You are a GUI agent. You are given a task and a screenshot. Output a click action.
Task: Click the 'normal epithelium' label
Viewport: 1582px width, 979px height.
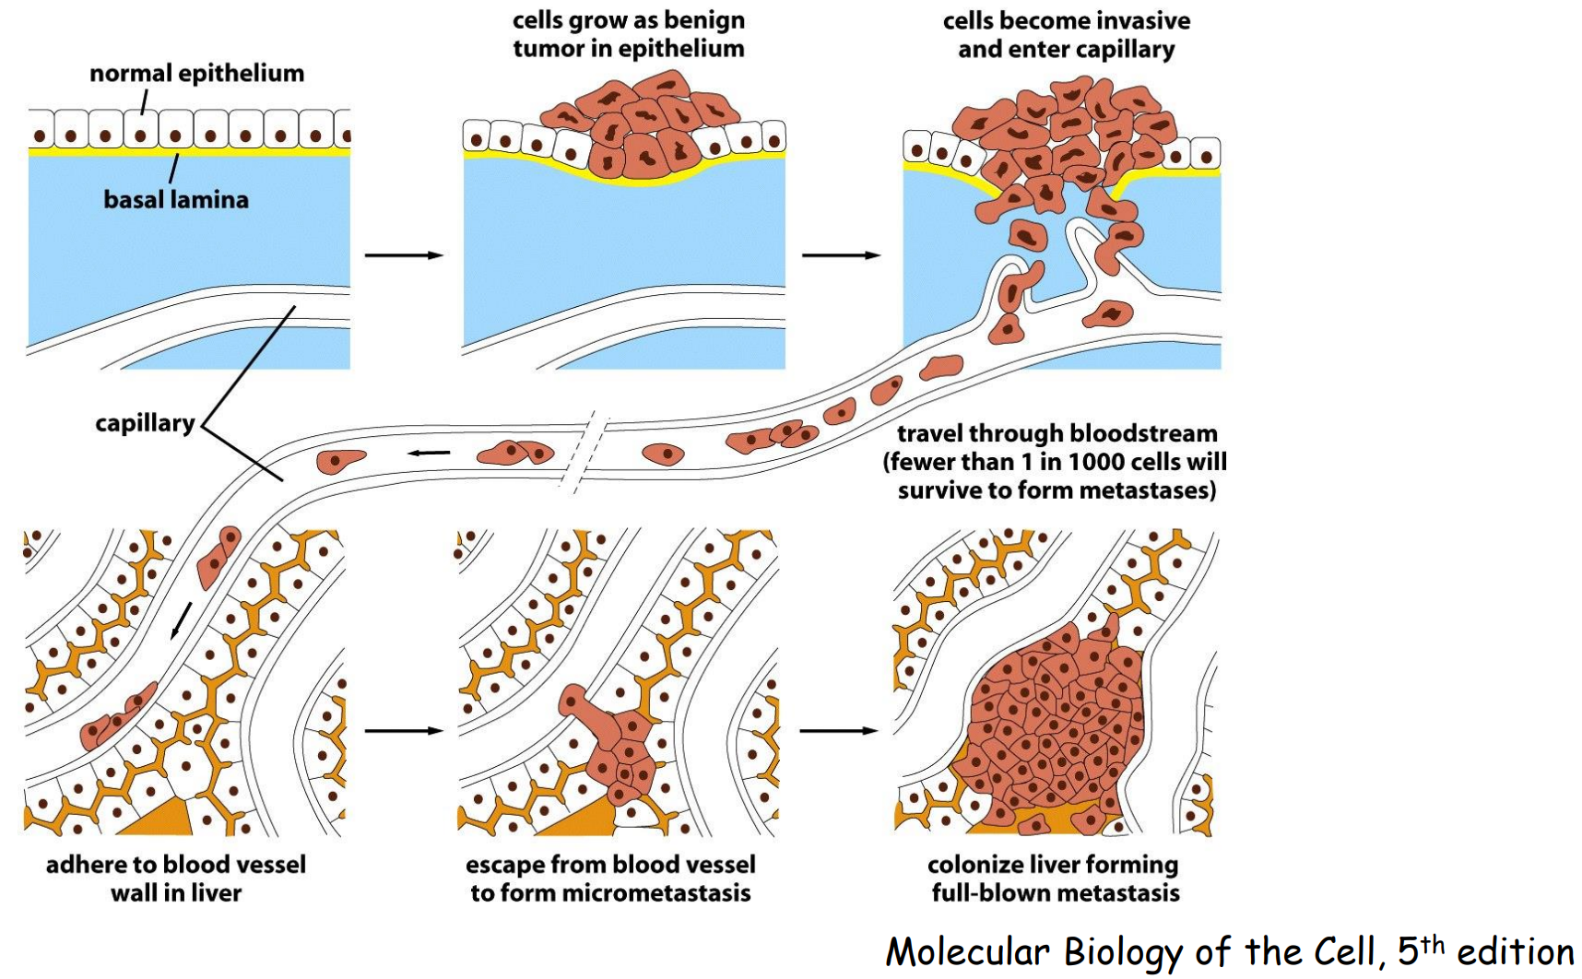pos(196,74)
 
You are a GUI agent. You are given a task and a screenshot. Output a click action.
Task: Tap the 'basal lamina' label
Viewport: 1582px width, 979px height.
pos(175,200)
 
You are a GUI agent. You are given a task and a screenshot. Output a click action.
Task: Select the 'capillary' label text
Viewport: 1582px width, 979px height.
pos(145,423)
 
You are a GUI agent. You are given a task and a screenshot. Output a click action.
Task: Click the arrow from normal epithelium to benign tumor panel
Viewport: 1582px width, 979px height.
pos(404,254)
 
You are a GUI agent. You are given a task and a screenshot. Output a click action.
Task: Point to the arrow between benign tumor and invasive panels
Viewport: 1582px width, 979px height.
pos(841,254)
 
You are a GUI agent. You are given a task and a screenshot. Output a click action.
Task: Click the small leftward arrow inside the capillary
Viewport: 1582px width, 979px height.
pos(430,453)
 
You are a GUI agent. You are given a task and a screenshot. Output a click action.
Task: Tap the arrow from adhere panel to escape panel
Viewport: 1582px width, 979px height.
pos(404,731)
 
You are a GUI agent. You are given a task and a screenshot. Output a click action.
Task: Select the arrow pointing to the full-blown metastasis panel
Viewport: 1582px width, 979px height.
pos(838,731)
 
